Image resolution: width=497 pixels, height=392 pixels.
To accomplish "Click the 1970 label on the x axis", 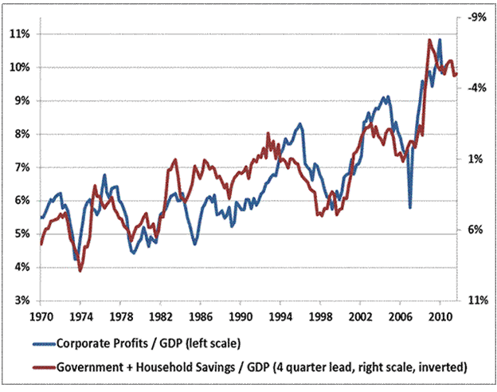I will [x=40, y=316].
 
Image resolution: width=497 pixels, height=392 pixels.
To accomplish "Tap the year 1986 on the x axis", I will [x=200, y=316].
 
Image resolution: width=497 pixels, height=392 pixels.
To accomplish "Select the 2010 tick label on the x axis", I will [x=439, y=316].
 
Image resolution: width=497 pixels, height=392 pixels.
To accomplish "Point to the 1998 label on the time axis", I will [x=319, y=316].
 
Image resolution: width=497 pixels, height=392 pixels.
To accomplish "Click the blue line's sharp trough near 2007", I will [x=410, y=207].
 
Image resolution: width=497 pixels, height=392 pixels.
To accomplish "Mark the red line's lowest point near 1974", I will [x=80, y=271].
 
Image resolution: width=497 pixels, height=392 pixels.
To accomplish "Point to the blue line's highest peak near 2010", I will [x=439, y=39].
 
